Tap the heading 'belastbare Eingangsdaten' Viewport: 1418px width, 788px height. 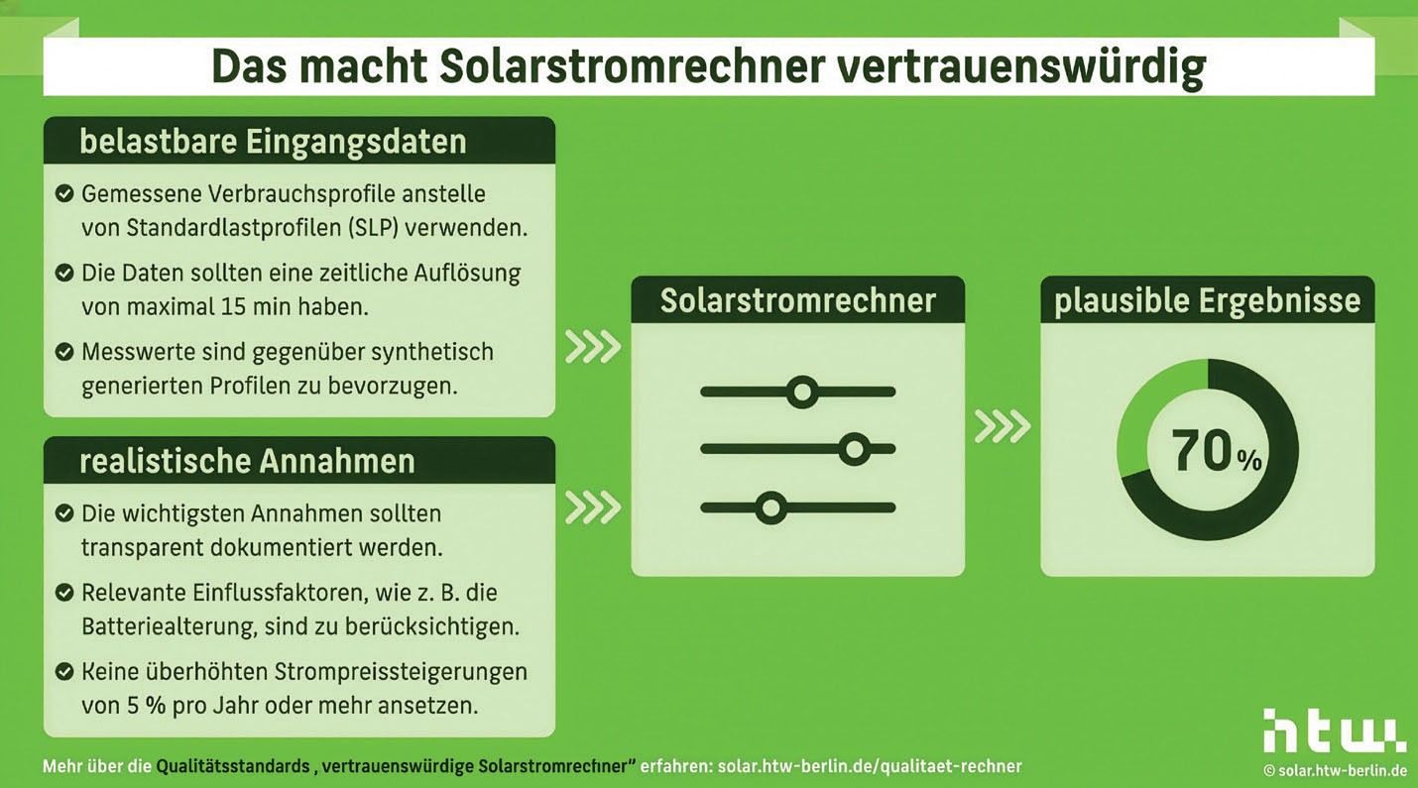pyautogui.click(x=273, y=142)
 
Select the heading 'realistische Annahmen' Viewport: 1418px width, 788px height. pyautogui.click(x=247, y=461)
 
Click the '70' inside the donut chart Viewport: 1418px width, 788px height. pyautogui.click(x=1201, y=451)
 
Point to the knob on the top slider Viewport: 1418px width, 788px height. pyautogui.click(x=802, y=393)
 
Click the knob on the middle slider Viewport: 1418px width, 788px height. pyautogui.click(x=854, y=449)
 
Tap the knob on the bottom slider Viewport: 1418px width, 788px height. pyautogui.click(x=771, y=507)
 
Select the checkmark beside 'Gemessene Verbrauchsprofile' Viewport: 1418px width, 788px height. pyautogui.click(x=64, y=193)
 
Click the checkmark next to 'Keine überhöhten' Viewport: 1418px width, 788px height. pyautogui.click(x=64, y=672)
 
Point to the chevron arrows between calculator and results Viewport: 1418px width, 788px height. pyautogui.click(x=1003, y=426)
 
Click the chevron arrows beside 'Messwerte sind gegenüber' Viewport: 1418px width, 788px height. pyautogui.click(x=593, y=346)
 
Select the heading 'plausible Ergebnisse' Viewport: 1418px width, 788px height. pyautogui.click(x=1207, y=300)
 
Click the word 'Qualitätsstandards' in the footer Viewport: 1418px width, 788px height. pyautogui.click(x=233, y=766)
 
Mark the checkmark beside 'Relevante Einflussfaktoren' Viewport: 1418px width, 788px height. pyautogui.click(x=64, y=593)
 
